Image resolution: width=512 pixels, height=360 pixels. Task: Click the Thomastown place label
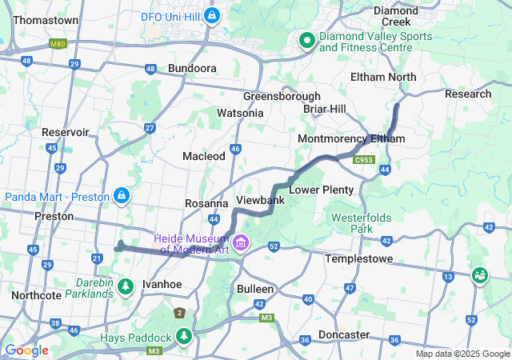[x=46, y=20]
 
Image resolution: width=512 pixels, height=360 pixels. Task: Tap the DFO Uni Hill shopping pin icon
[x=212, y=15]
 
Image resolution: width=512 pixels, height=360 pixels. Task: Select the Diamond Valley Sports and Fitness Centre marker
[x=306, y=40]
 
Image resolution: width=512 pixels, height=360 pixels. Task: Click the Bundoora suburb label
[x=192, y=69]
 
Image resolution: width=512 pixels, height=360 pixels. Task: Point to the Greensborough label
[x=282, y=96]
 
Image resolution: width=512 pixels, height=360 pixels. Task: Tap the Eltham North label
[x=383, y=77]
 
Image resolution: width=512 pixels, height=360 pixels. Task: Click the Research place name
[x=468, y=94]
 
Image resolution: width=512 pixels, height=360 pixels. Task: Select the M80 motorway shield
[x=58, y=44]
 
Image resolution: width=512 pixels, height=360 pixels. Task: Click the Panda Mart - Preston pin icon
[x=122, y=194]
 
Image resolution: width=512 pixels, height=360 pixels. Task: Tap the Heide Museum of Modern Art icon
[x=240, y=242]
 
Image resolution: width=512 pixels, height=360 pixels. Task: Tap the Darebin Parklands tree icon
[x=126, y=285]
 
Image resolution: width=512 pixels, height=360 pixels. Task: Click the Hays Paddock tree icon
[x=184, y=334]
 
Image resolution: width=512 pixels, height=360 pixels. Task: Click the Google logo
[x=26, y=350]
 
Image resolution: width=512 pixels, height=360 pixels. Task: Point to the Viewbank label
[x=260, y=199]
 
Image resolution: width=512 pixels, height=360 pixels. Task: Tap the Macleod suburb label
[x=204, y=156]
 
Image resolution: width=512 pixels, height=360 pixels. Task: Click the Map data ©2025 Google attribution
[x=462, y=354]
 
